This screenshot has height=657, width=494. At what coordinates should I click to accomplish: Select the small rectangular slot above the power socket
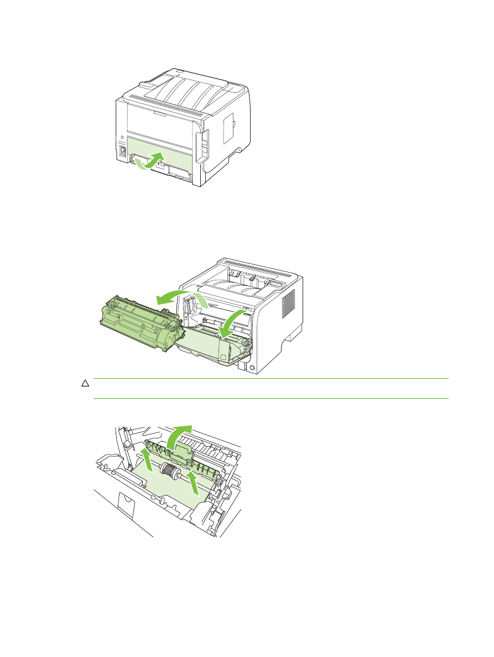coord(122,136)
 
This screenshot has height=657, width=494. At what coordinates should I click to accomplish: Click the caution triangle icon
coord(86,383)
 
